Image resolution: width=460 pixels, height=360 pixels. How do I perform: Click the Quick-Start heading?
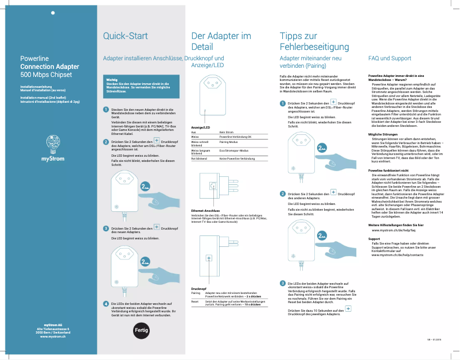[x=125, y=36]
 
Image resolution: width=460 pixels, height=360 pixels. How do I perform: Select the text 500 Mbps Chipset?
[x=46, y=75]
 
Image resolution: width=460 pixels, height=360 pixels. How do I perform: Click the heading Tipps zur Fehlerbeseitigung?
[x=314, y=41]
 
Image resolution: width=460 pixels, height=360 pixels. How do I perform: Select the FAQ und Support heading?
[x=389, y=59]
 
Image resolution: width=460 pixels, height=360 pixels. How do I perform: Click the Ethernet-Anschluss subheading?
[x=205, y=211]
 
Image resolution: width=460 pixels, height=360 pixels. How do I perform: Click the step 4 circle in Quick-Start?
[x=106, y=303]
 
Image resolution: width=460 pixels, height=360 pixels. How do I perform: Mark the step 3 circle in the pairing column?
[x=282, y=283]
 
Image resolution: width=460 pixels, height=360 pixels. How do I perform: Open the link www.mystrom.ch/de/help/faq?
[x=393, y=230]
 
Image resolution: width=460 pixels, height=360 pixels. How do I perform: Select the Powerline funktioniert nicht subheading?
[x=388, y=171]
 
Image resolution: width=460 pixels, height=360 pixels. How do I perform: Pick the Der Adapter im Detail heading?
[x=221, y=41]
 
